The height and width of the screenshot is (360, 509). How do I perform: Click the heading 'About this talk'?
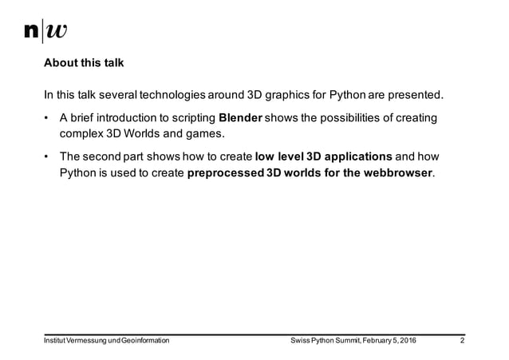click(84, 62)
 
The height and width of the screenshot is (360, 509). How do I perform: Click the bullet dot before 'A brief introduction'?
click(47, 120)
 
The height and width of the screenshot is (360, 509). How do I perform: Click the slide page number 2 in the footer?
click(463, 342)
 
